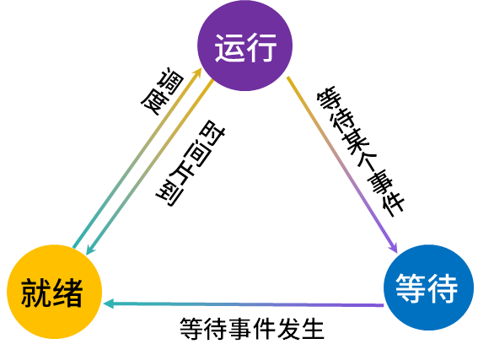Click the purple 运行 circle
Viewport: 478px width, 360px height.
245,46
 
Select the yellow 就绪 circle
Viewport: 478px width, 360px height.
54,292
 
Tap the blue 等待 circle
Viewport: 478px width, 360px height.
428,287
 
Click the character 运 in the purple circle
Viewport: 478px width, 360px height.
229,48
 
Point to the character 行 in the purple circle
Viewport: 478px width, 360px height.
261,48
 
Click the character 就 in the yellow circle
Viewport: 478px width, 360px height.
36,292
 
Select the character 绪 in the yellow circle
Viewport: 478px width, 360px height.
67,292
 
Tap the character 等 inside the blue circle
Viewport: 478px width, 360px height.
411,287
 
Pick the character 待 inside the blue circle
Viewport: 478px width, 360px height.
443,287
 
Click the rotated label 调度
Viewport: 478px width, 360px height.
162,91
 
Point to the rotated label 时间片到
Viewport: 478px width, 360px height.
191,163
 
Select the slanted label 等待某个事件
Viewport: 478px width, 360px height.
361,152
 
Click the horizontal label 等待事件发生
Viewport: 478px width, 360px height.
251,329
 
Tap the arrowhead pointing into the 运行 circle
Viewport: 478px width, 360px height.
198,73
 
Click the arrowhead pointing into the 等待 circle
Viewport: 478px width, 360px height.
394,248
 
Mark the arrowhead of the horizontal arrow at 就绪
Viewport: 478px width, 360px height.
109,304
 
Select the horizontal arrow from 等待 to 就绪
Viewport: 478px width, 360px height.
244,304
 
